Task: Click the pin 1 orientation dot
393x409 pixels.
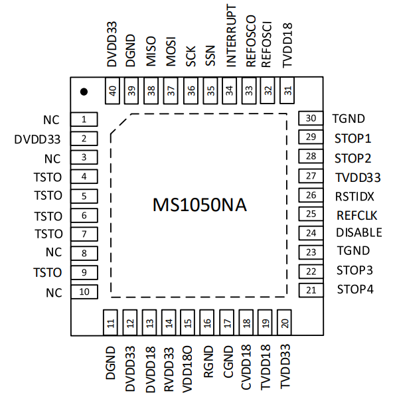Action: pos(84,92)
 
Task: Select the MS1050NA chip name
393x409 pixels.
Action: pos(200,205)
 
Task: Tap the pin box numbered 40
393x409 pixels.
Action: pos(112,91)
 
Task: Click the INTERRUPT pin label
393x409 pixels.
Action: pos(231,35)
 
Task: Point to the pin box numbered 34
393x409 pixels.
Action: pos(229,91)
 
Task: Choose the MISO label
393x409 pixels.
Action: pos(151,51)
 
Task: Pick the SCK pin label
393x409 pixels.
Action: pos(191,56)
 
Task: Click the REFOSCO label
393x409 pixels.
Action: pos(251,41)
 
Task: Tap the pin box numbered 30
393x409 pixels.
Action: pos(311,118)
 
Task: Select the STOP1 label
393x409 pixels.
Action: pos(353,139)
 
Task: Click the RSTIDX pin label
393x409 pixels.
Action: pos(354,197)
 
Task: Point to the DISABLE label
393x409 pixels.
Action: pos(359,232)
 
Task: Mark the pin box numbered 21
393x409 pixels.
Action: pos(311,290)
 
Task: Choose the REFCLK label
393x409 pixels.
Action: pos(357,216)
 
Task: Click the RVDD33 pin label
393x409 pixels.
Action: pos(169,369)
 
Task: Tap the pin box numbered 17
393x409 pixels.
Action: pos(226,323)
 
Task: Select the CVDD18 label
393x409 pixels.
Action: pos(246,367)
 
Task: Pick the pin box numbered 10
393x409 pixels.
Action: pos(84,291)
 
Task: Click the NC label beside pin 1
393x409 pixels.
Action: pos(51,120)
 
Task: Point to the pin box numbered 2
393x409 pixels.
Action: pos(84,139)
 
